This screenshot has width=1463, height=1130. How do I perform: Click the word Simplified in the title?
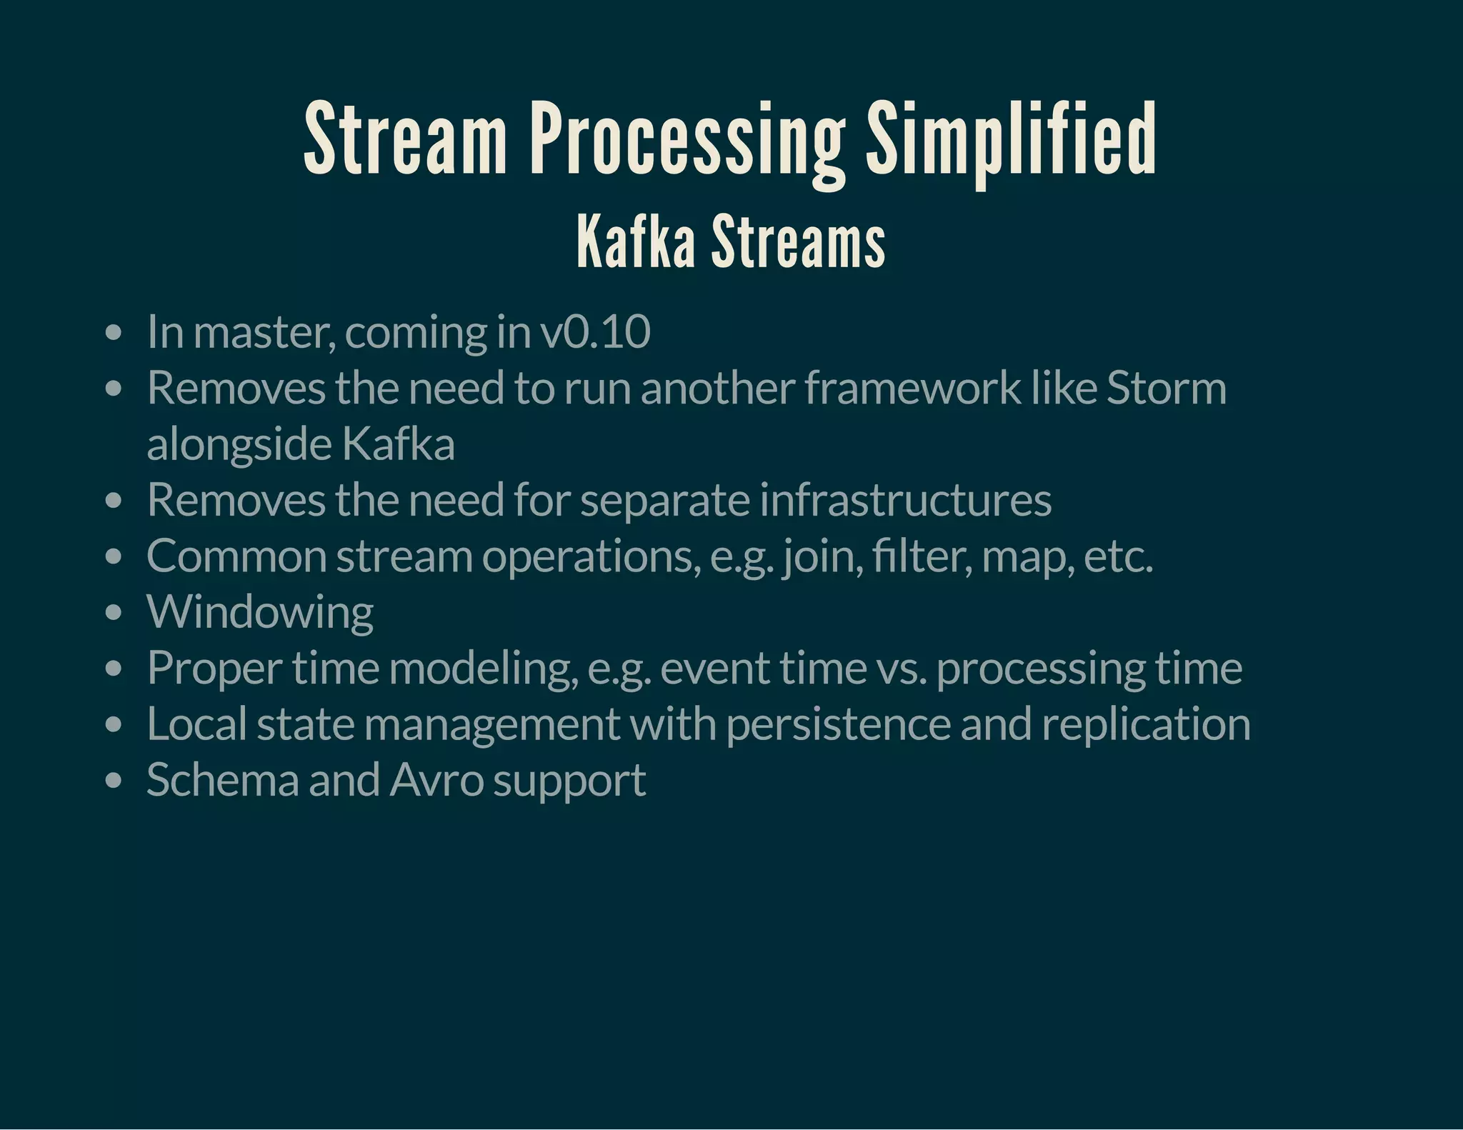click(1011, 139)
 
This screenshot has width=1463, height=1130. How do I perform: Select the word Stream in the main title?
click(405, 139)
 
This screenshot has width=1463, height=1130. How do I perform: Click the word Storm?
click(1166, 388)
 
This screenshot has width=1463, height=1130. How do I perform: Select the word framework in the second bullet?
click(913, 388)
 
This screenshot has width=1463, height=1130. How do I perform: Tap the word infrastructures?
click(905, 499)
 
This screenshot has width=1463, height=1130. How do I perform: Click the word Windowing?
click(260, 612)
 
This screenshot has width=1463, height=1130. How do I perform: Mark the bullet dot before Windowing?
click(114, 613)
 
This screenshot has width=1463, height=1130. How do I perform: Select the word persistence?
click(838, 724)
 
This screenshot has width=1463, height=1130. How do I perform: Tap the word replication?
click(1146, 724)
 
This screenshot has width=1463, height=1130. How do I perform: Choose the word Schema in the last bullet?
click(222, 779)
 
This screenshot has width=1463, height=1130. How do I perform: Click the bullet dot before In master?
click(114, 333)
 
